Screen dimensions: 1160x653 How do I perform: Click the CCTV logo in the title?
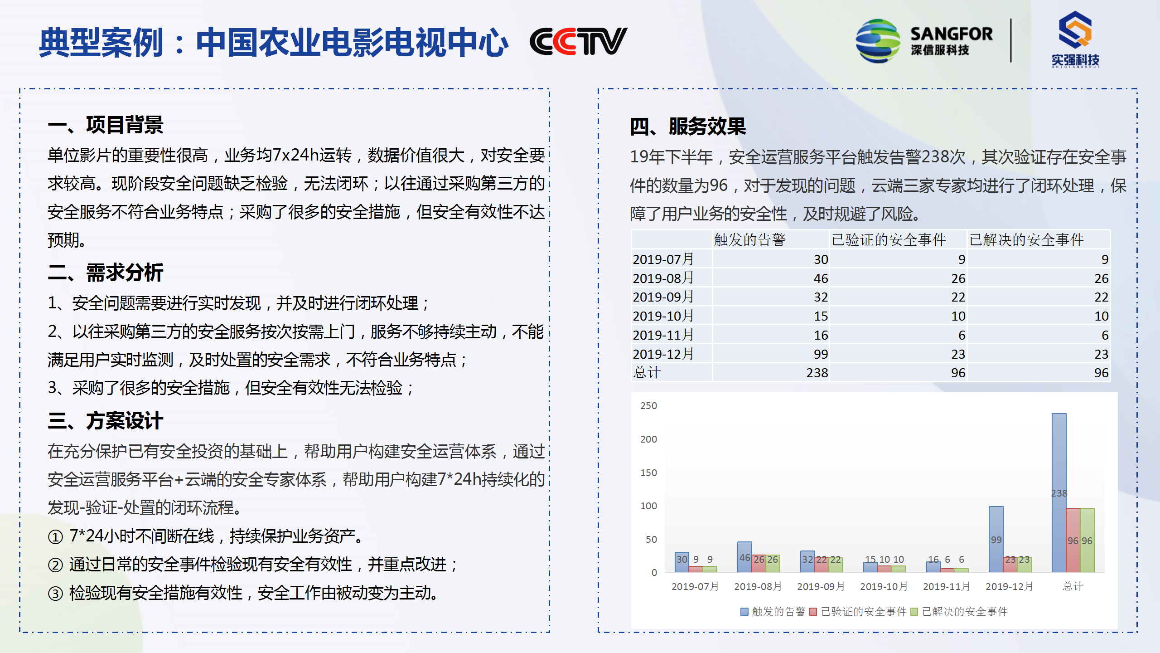(x=578, y=41)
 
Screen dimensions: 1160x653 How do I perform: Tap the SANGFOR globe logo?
(x=878, y=41)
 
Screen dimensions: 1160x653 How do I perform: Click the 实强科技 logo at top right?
(x=1075, y=40)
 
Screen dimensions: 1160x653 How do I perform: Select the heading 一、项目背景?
(x=106, y=125)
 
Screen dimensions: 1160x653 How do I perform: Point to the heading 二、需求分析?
(x=106, y=273)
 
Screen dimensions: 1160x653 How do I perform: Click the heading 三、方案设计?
(x=106, y=420)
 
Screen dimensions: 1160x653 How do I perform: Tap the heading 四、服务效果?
(x=688, y=126)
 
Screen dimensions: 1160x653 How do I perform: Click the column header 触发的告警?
(x=750, y=239)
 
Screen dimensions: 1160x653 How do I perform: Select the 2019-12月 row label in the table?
(x=663, y=354)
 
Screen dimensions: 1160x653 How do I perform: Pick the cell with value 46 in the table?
(x=821, y=278)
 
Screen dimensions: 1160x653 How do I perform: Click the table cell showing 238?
(x=817, y=373)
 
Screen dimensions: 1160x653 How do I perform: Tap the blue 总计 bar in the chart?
(x=1059, y=492)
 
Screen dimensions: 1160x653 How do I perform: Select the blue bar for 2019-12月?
(x=996, y=539)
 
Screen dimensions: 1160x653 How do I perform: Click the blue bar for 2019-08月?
(x=744, y=557)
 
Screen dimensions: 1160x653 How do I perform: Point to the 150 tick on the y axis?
(x=648, y=473)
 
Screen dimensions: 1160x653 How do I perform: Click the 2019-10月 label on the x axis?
(x=884, y=586)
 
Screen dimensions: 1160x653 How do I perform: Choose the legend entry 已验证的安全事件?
(x=858, y=612)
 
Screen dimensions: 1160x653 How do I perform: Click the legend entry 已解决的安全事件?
(x=959, y=612)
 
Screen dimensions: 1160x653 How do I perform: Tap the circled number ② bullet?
(x=55, y=565)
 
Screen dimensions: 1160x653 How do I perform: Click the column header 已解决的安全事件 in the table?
(x=1026, y=239)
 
